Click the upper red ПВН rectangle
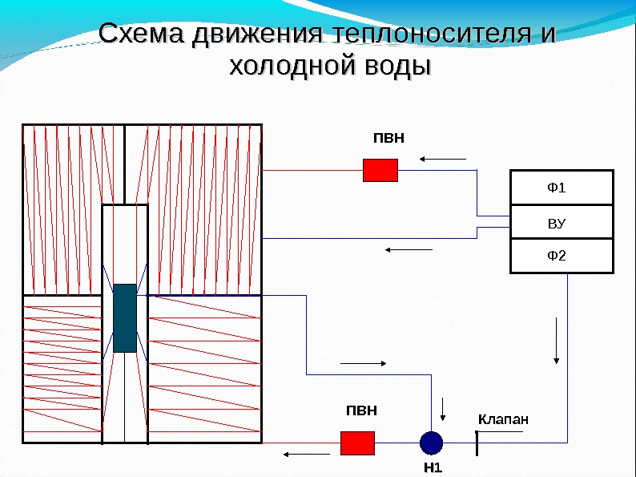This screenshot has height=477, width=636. pyautogui.click(x=380, y=170)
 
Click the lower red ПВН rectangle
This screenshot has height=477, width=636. pyautogui.click(x=358, y=443)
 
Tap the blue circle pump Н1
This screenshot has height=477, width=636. pyautogui.click(x=431, y=443)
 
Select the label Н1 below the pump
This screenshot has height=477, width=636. pyautogui.click(x=432, y=467)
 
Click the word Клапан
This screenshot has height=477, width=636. pyautogui.click(x=504, y=419)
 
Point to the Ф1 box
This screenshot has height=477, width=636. pyautogui.click(x=562, y=188)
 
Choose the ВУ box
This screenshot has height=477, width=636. pyautogui.click(x=562, y=222)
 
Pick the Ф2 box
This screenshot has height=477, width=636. pyautogui.click(x=562, y=256)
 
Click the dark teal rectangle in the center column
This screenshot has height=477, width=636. pyautogui.click(x=125, y=318)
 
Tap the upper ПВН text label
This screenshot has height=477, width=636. pyautogui.click(x=389, y=138)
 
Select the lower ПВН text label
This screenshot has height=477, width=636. pyautogui.click(x=360, y=410)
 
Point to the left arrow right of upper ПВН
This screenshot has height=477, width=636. pyautogui.click(x=443, y=159)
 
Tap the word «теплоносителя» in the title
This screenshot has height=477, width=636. pyautogui.click(x=425, y=34)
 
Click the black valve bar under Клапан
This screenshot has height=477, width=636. pyautogui.click(x=477, y=443)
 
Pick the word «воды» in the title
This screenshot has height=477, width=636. pyautogui.click(x=392, y=66)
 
